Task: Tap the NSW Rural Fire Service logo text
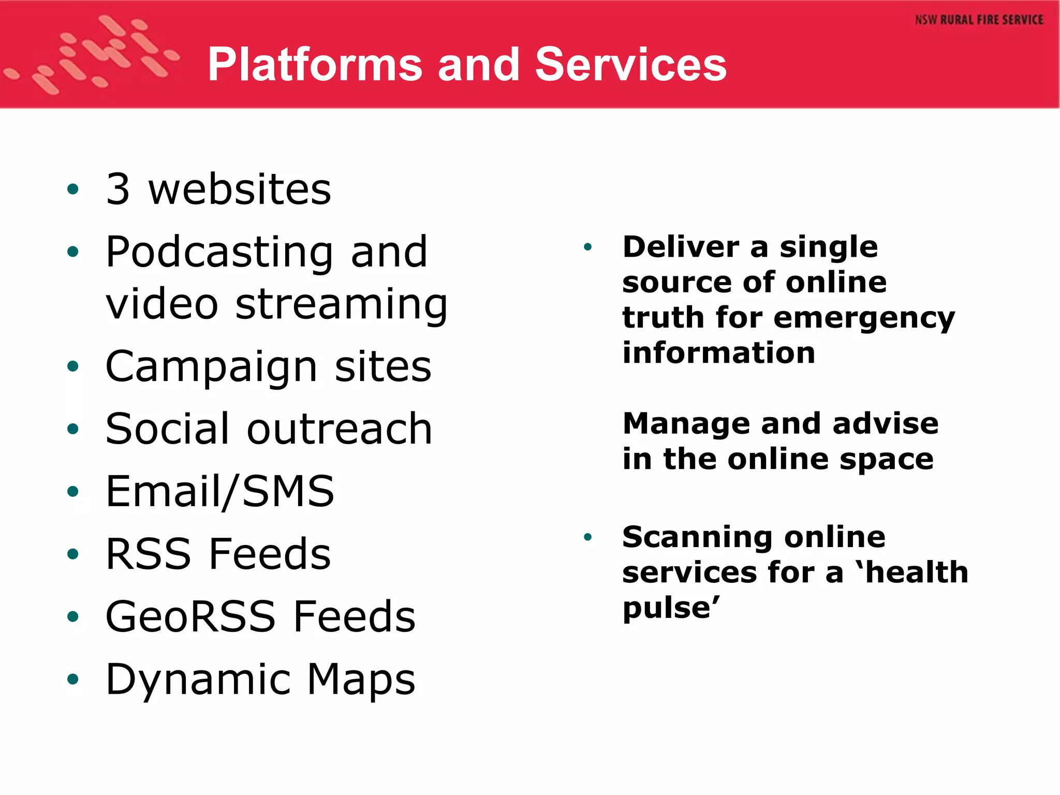979,20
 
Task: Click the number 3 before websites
117,189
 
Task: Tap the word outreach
339,429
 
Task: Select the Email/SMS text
219,492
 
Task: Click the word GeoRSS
190,616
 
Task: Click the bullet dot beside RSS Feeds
73,554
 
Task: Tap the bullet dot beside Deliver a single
587,247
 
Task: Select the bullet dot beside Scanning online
587,537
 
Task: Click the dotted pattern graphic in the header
93,54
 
